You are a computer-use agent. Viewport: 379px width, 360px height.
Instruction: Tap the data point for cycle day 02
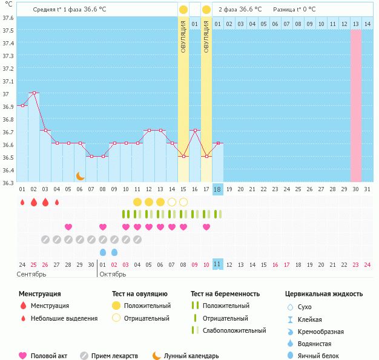[x=34, y=93]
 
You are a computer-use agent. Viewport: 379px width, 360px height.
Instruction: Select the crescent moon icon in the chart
[x=81, y=175]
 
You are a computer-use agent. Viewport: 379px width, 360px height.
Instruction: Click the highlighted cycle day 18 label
[x=218, y=189]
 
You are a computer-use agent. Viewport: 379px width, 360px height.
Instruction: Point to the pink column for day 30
[x=356, y=105]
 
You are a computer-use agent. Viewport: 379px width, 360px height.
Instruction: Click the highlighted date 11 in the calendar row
[x=218, y=264]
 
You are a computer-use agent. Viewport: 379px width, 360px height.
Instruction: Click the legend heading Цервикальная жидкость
[x=324, y=294]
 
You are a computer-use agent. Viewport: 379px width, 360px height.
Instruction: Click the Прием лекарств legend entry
[x=114, y=356]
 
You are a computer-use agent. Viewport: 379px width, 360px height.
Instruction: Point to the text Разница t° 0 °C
[x=299, y=10]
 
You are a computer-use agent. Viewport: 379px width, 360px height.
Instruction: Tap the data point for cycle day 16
[x=195, y=130]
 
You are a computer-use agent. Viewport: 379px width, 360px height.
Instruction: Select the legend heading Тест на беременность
[x=225, y=294]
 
